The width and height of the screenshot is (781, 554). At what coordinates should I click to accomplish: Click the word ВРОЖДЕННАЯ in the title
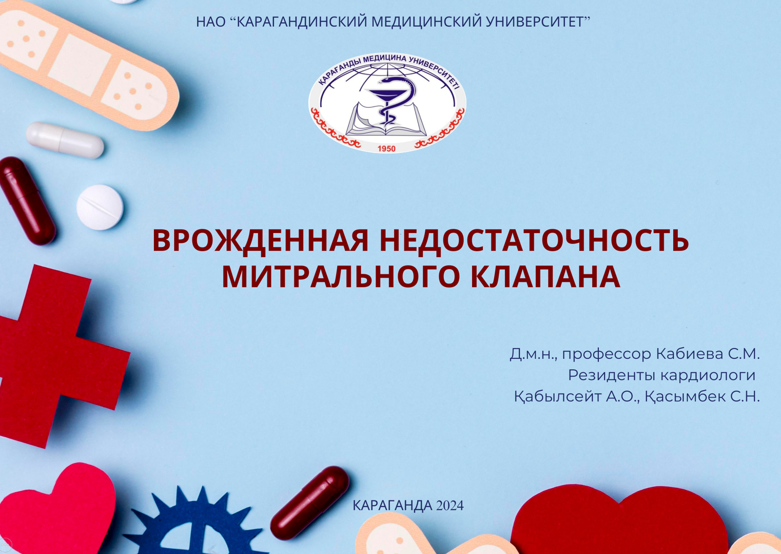coord(260,240)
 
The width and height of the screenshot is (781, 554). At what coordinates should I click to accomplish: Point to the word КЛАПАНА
coord(545,276)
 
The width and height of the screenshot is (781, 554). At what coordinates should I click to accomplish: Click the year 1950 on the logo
coord(386,148)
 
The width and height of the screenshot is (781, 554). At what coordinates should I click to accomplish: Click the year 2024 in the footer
coord(450,506)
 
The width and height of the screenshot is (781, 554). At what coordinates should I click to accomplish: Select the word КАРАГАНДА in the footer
coord(393,506)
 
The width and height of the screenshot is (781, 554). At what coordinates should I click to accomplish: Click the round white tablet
coord(100,207)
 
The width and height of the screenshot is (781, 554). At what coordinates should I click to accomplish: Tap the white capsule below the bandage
coord(65,140)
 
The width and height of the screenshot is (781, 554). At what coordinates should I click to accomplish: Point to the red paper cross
coord(56,354)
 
